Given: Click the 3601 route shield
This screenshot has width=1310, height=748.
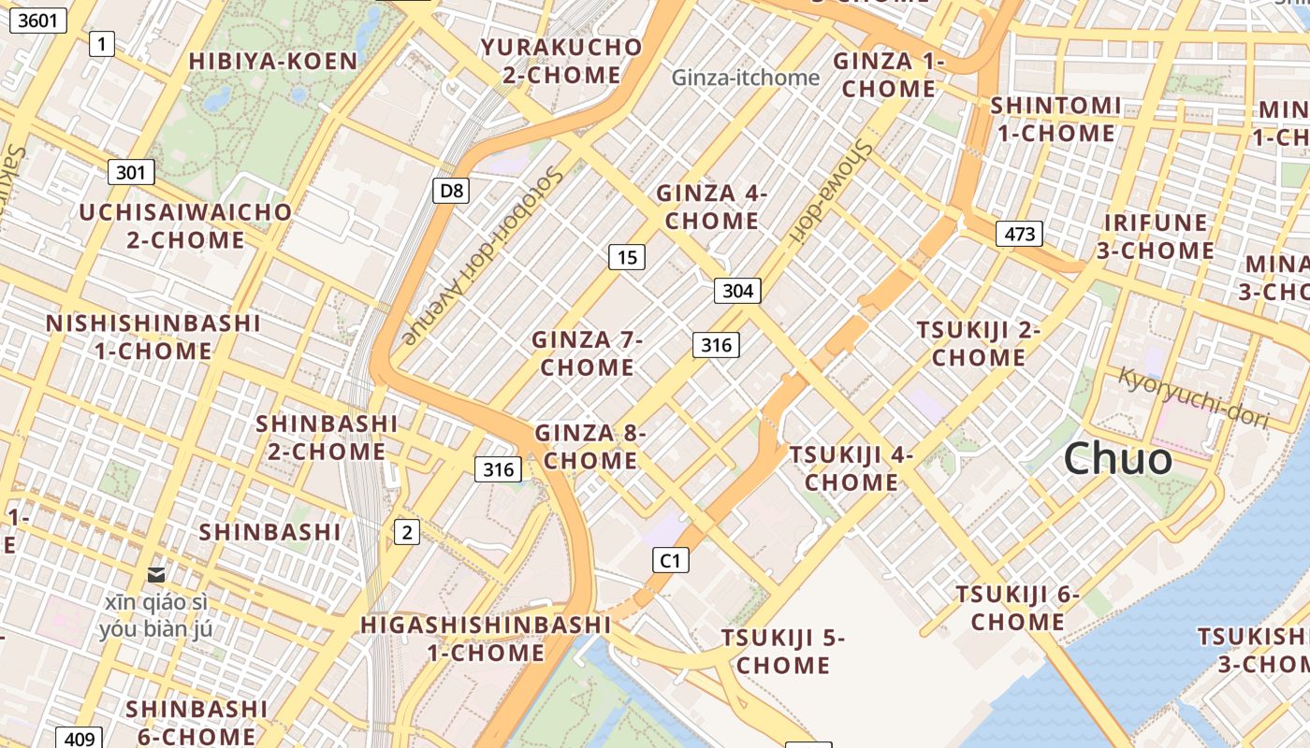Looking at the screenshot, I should (38, 19).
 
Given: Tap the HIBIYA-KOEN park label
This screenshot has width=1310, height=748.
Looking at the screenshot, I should (273, 62).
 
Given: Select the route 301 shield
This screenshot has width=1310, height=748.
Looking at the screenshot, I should (131, 172).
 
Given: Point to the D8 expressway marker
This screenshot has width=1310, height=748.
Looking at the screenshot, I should (451, 191).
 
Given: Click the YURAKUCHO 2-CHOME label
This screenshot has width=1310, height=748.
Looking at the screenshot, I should (561, 61).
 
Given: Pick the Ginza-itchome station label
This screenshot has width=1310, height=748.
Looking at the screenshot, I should (745, 78).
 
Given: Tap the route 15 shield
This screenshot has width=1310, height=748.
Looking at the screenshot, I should (626, 256).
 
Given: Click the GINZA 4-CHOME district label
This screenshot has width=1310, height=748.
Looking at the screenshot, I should (711, 207).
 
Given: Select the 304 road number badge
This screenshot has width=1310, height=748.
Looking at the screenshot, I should (737, 291).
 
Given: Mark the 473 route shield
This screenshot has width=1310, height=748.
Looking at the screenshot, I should (1018, 233).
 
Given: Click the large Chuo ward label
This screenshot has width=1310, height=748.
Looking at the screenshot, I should (1117, 459).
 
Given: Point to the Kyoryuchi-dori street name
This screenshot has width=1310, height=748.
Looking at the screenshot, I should (1193, 398).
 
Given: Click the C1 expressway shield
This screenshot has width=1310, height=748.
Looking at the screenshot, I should (670, 560).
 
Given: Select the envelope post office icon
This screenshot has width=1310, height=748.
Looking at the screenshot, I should (156, 574).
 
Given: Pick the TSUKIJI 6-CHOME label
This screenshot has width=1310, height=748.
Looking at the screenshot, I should (1017, 608).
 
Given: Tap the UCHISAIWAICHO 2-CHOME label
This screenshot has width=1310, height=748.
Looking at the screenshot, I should (185, 225).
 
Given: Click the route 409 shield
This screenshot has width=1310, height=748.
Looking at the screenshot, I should (80, 739).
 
